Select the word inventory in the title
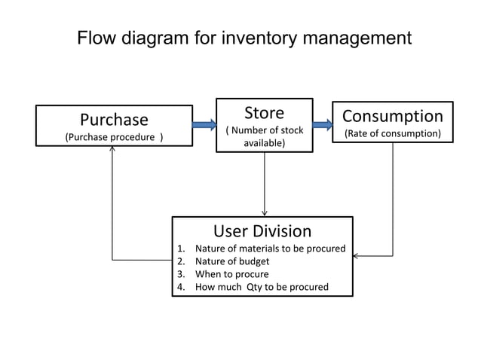pyautogui.click(x=257, y=38)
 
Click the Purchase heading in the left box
pyautogui.click(x=114, y=120)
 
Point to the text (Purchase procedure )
pyautogui.click(x=114, y=137)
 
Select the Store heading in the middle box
pyautogui.click(x=264, y=113)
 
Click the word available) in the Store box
pyautogui.click(x=264, y=142)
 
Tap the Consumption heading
pyautogui.click(x=392, y=116)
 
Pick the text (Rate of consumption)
pyautogui.click(x=392, y=134)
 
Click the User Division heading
pyautogui.click(x=262, y=230)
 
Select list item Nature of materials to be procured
pyautogui.click(x=270, y=249)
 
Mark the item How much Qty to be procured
pyautogui.click(x=262, y=287)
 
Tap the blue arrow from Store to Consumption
pyautogui.click(x=323, y=124)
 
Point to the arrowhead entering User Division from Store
pyautogui.click(x=264, y=213)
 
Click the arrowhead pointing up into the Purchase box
pyautogui.click(x=112, y=148)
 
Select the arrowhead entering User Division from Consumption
pyautogui.click(x=357, y=256)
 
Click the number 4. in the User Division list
pyautogui.click(x=180, y=287)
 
